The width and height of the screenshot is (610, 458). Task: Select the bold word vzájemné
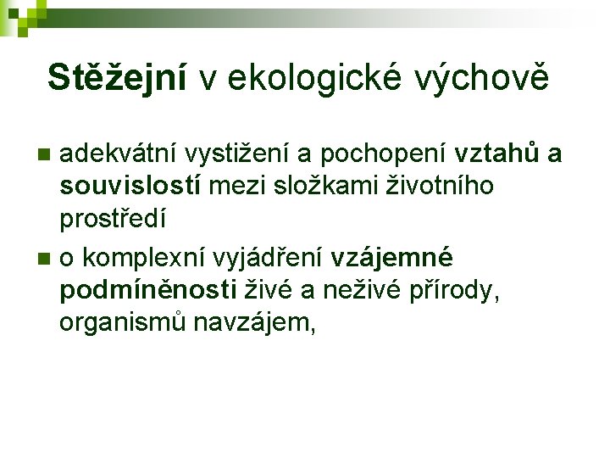392,256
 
